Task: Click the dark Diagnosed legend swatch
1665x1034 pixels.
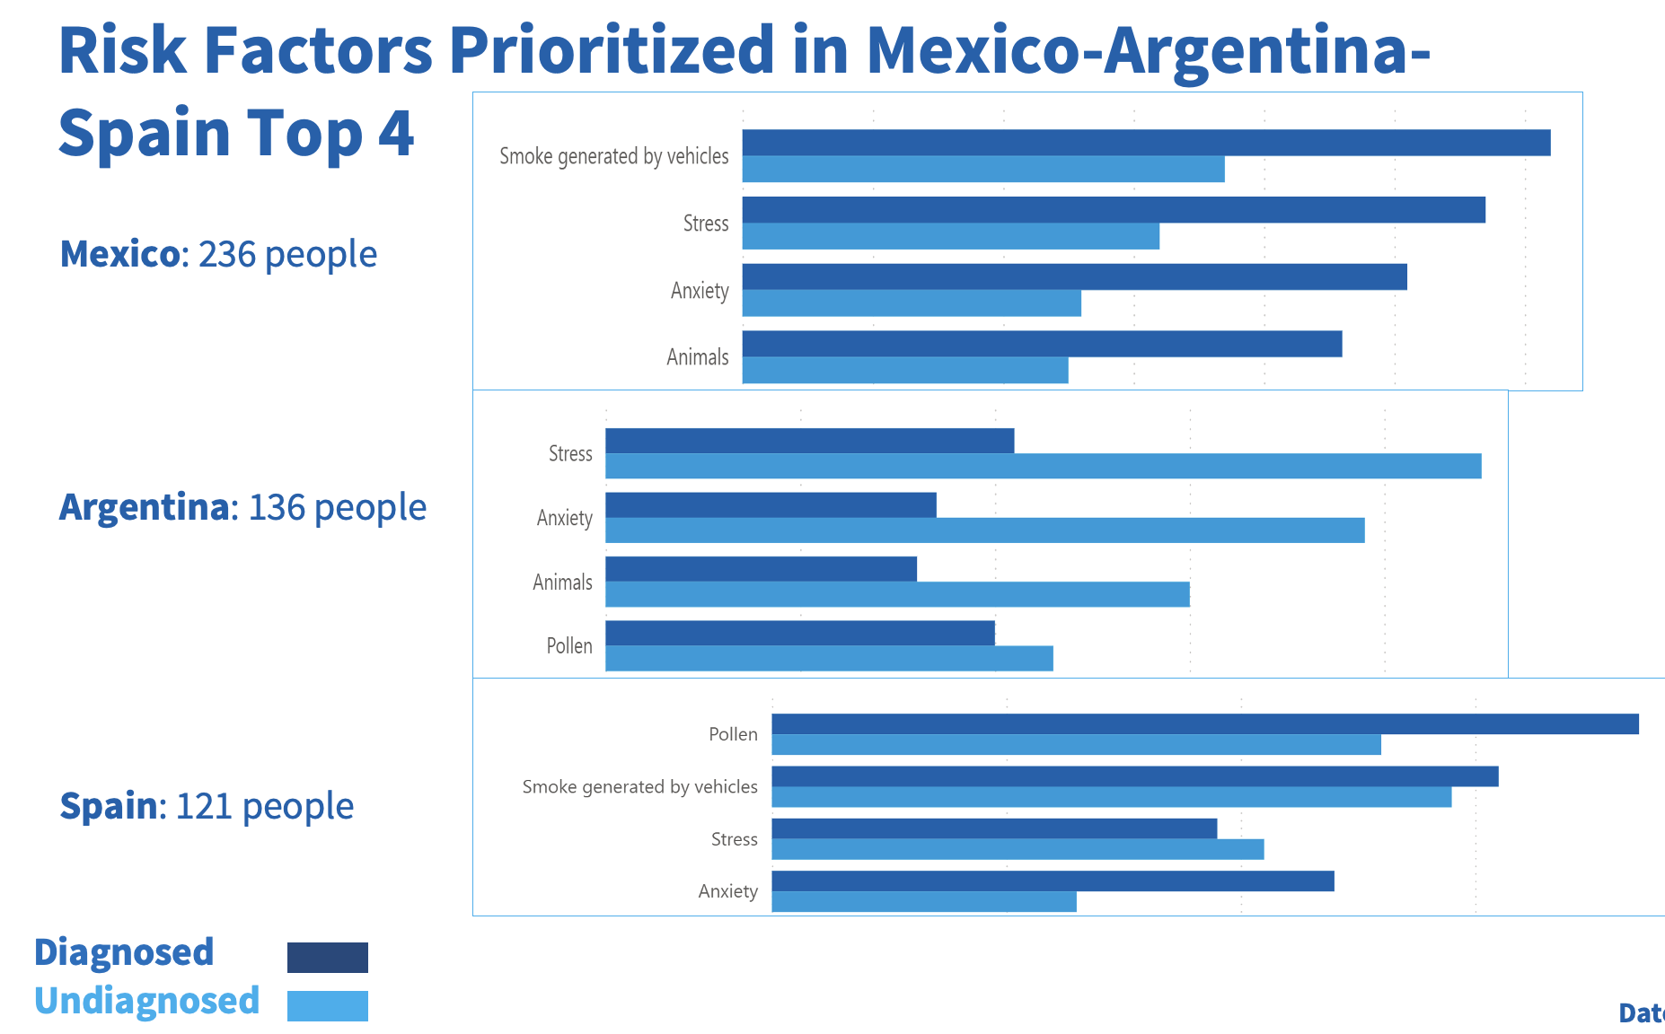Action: [327, 957]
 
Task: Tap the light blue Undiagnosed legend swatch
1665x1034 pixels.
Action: [327, 1005]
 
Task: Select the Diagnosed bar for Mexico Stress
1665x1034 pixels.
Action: [1113, 210]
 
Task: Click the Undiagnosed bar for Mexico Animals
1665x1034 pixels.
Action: [904, 370]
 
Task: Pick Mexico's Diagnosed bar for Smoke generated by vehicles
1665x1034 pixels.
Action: [1146, 143]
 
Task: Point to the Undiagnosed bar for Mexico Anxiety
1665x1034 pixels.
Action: [911, 303]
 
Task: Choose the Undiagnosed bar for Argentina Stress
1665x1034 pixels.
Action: [1043, 466]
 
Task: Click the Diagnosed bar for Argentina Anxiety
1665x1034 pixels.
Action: [771, 505]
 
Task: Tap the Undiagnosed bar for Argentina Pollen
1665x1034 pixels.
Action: [829, 658]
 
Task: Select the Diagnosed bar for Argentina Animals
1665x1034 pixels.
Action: [761, 569]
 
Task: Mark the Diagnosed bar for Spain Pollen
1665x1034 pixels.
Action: [1204, 723]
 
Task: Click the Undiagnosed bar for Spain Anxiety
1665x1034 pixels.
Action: [923, 901]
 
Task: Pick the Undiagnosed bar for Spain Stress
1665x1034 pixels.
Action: [1017, 849]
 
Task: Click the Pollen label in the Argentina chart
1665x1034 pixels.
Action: [569, 646]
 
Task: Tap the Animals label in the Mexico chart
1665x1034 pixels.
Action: [697, 357]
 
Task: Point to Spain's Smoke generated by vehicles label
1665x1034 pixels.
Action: [639, 787]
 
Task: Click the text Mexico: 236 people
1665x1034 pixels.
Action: [218, 254]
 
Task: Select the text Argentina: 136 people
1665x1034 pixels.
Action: [242, 507]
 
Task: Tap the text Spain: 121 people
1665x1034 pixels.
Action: [207, 806]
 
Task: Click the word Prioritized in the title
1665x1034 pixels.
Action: [611, 50]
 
